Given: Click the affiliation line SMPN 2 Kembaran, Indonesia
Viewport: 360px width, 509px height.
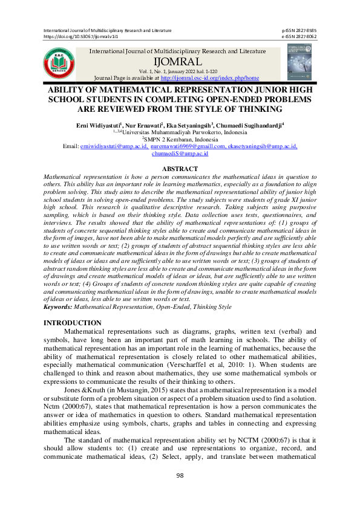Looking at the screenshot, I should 180,139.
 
